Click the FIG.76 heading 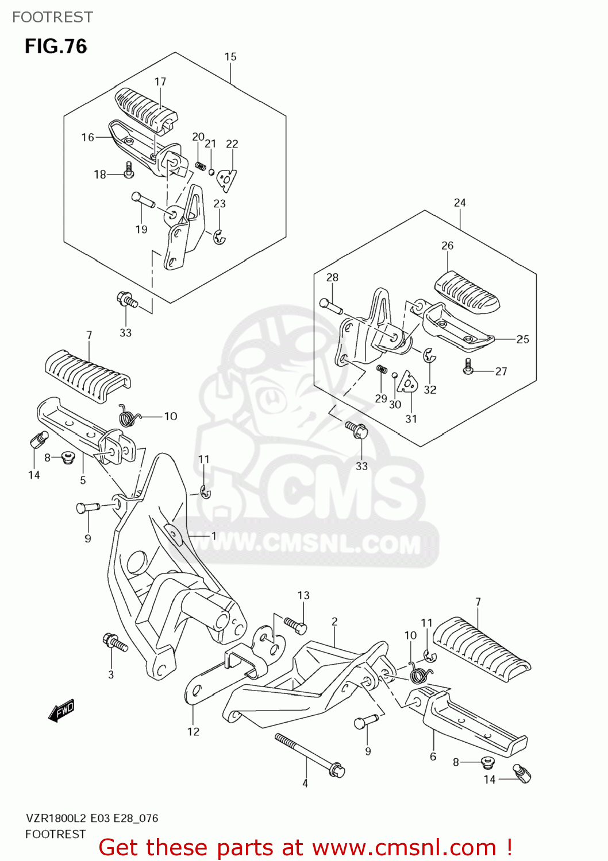[56, 46]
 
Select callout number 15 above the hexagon [230, 57]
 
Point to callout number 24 [460, 203]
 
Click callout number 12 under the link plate [193, 731]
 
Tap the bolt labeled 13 [295, 625]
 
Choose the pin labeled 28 [332, 307]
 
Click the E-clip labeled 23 [219, 236]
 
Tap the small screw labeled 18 [129, 169]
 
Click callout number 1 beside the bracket [213, 536]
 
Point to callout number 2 [334, 621]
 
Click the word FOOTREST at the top [52, 17]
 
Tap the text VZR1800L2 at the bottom [56, 818]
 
